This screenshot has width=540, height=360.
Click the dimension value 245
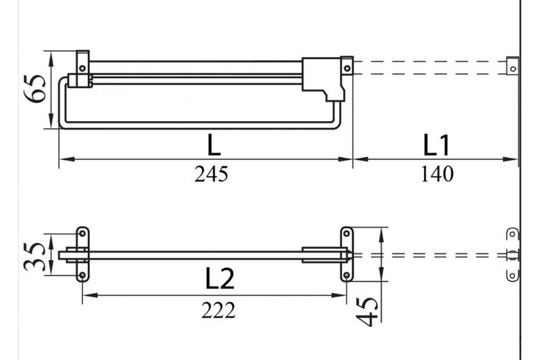point(211,174)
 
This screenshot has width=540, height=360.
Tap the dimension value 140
point(437,174)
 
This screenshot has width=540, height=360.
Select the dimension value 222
point(218,310)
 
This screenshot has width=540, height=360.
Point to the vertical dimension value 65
point(35,89)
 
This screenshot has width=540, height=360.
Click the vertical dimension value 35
point(35,256)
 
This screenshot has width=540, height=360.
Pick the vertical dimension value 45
point(367,312)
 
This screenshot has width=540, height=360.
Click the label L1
point(436,145)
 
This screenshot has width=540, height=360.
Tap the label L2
point(220,278)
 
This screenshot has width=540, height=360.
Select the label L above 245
point(214,145)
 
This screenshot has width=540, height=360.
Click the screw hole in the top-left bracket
point(82,68)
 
